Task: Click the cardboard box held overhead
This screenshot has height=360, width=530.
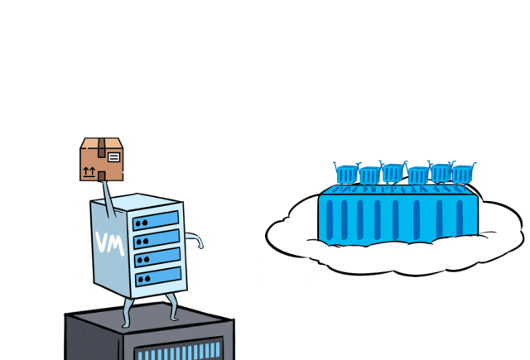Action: click(101, 160)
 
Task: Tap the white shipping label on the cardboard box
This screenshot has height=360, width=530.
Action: click(113, 155)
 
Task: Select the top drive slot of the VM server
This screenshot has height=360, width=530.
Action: click(155, 221)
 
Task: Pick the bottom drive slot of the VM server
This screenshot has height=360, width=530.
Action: click(156, 276)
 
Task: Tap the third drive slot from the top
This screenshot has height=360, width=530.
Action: click(156, 257)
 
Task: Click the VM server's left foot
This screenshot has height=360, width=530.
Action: click(127, 319)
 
